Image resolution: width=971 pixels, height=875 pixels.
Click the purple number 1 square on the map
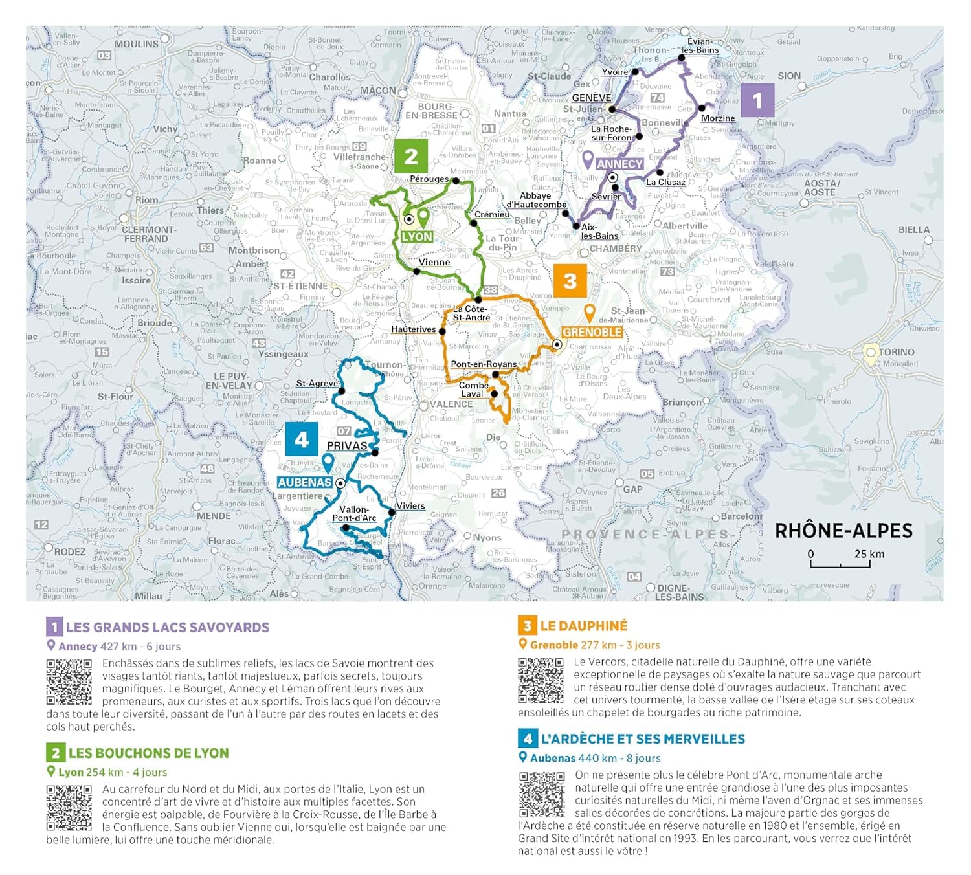pyautogui.click(x=757, y=101)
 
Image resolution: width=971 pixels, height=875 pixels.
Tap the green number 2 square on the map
pyautogui.click(x=410, y=156)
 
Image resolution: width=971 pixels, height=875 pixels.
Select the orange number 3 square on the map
pyautogui.click(x=570, y=281)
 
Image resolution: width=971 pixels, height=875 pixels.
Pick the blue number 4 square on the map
pyautogui.click(x=301, y=439)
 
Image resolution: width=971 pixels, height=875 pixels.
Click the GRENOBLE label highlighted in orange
pyautogui.click(x=592, y=332)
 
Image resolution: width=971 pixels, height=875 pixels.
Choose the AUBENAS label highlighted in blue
pyautogui.click(x=304, y=482)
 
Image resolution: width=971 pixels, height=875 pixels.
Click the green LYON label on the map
pyautogui.click(x=417, y=237)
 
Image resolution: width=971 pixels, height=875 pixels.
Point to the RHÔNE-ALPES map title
pyautogui.click(x=843, y=531)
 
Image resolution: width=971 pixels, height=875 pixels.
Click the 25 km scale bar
pyautogui.click(x=840, y=560)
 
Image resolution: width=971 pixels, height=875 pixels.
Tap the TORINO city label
pyautogui.click(x=897, y=352)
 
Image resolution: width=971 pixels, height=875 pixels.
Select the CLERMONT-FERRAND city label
pyautogui.click(x=148, y=234)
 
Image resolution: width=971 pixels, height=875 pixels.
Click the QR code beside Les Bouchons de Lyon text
pyautogui.click(x=69, y=808)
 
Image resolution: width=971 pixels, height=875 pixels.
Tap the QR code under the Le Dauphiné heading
pyautogui.click(x=541, y=680)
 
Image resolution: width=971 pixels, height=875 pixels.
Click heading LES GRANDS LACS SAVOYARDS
pyautogui.click(x=167, y=627)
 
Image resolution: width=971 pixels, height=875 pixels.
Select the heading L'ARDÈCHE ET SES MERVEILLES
pyautogui.click(x=642, y=738)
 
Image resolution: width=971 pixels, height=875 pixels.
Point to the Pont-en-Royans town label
pyautogui.click(x=484, y=364)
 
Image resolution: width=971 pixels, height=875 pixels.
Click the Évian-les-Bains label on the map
pyautogui.click(x=700, y=45)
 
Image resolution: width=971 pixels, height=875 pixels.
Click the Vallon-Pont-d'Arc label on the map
pyautogui.click(x=354, y=514)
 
